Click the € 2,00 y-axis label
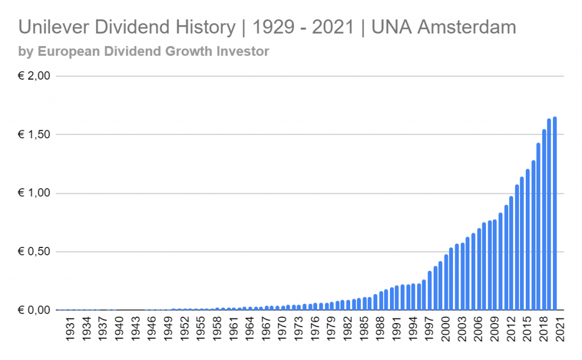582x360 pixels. (35, 76)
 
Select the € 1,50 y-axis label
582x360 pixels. (35, 135)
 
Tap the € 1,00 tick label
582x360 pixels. (35, 193)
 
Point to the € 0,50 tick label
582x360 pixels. (35, 252)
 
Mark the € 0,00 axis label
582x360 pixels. (35, 311)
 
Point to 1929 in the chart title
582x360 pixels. (266, 27)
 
